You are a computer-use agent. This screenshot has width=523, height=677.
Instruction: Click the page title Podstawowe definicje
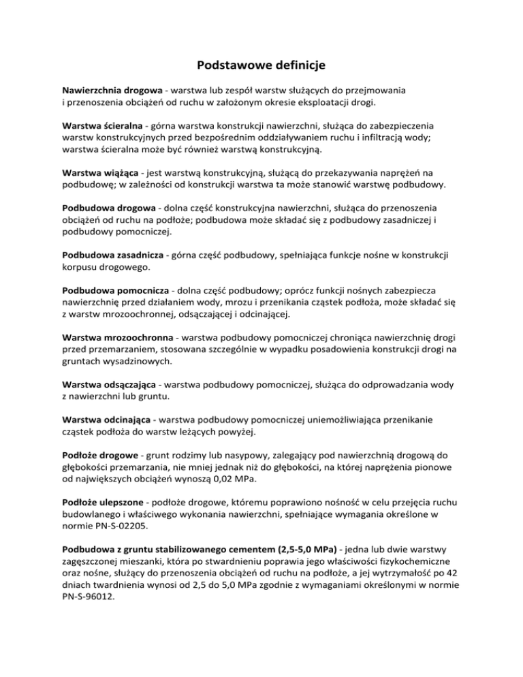click(x=261, y=65)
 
